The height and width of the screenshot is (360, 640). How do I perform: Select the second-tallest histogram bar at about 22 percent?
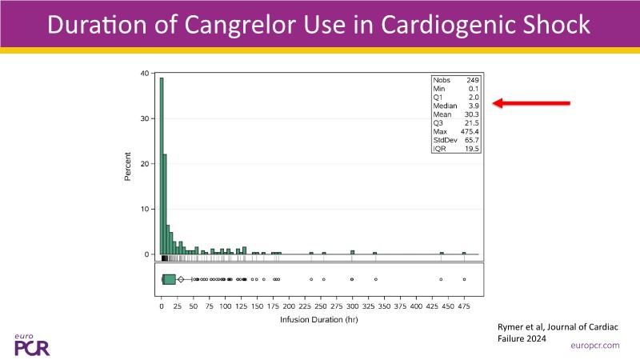point(165,204)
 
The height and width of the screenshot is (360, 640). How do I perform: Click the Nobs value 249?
point(472,81)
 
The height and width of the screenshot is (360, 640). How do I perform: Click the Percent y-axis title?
point(128,163)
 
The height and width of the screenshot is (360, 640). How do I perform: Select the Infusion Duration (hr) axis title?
point(313,319)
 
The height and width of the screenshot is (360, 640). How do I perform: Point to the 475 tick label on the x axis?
point(464,306)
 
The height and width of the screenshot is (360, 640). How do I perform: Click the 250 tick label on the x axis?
point(321,306)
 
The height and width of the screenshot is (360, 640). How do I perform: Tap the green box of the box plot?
point(168,279)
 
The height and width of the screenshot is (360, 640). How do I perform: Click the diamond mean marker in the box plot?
point(181,279)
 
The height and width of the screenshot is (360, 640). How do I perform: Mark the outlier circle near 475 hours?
point(464,279)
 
